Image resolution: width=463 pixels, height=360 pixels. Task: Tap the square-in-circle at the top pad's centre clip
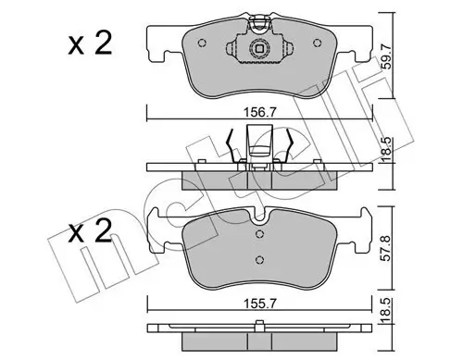260,44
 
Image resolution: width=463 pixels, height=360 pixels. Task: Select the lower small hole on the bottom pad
260,259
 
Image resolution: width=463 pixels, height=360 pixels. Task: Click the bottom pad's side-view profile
260,330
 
